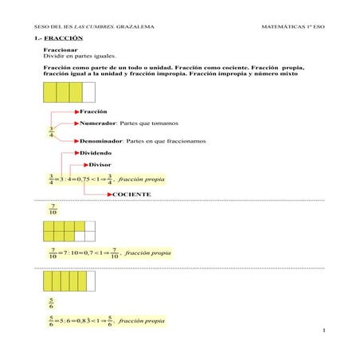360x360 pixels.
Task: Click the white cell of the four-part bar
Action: (x=88, y=93)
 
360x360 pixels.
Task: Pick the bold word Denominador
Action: (x=102, y=141)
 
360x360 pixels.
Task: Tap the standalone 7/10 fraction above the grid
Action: (x=53, y=210)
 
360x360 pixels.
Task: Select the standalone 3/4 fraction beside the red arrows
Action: (x=51, y=131)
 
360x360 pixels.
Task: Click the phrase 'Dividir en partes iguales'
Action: (x=79, y=57)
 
